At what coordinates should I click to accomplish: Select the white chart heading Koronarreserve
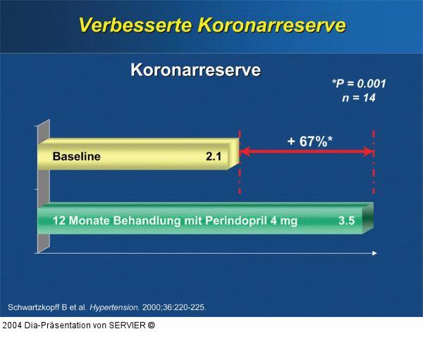195,70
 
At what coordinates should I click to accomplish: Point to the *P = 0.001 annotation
359,84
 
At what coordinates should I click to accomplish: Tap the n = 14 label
359,98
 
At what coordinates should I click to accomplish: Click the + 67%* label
309,142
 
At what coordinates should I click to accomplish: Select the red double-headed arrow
307,152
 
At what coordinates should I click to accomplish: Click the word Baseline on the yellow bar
76,157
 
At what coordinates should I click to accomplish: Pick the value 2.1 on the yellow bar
213,157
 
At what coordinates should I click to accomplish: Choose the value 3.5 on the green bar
346,221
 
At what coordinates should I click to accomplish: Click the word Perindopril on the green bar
235,221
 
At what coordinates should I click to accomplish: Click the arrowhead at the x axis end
374,252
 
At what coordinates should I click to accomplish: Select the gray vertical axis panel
43,187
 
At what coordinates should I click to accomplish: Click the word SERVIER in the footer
125,325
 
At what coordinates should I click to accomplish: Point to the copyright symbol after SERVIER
151,325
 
